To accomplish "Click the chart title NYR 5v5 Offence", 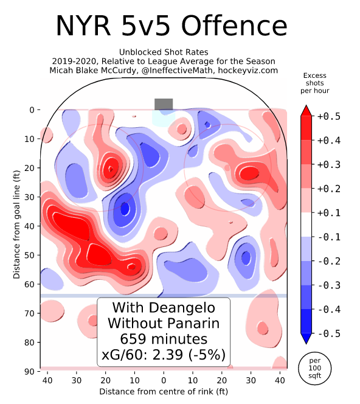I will (x=171, y=26).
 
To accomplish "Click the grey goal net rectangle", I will (x=164, y=104).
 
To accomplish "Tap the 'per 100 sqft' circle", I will (x=315, y=367).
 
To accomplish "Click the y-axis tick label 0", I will (x=32, y=110).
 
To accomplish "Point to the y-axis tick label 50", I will (x=30, y=255).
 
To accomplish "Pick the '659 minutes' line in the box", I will (x=164, y=339).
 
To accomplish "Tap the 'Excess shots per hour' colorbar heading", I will (x=314, y=83).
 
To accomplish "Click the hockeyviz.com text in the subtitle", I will (x=251, y=70).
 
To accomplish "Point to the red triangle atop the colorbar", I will (x=307, y=110).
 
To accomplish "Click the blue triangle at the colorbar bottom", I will (x=307, y=339).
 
